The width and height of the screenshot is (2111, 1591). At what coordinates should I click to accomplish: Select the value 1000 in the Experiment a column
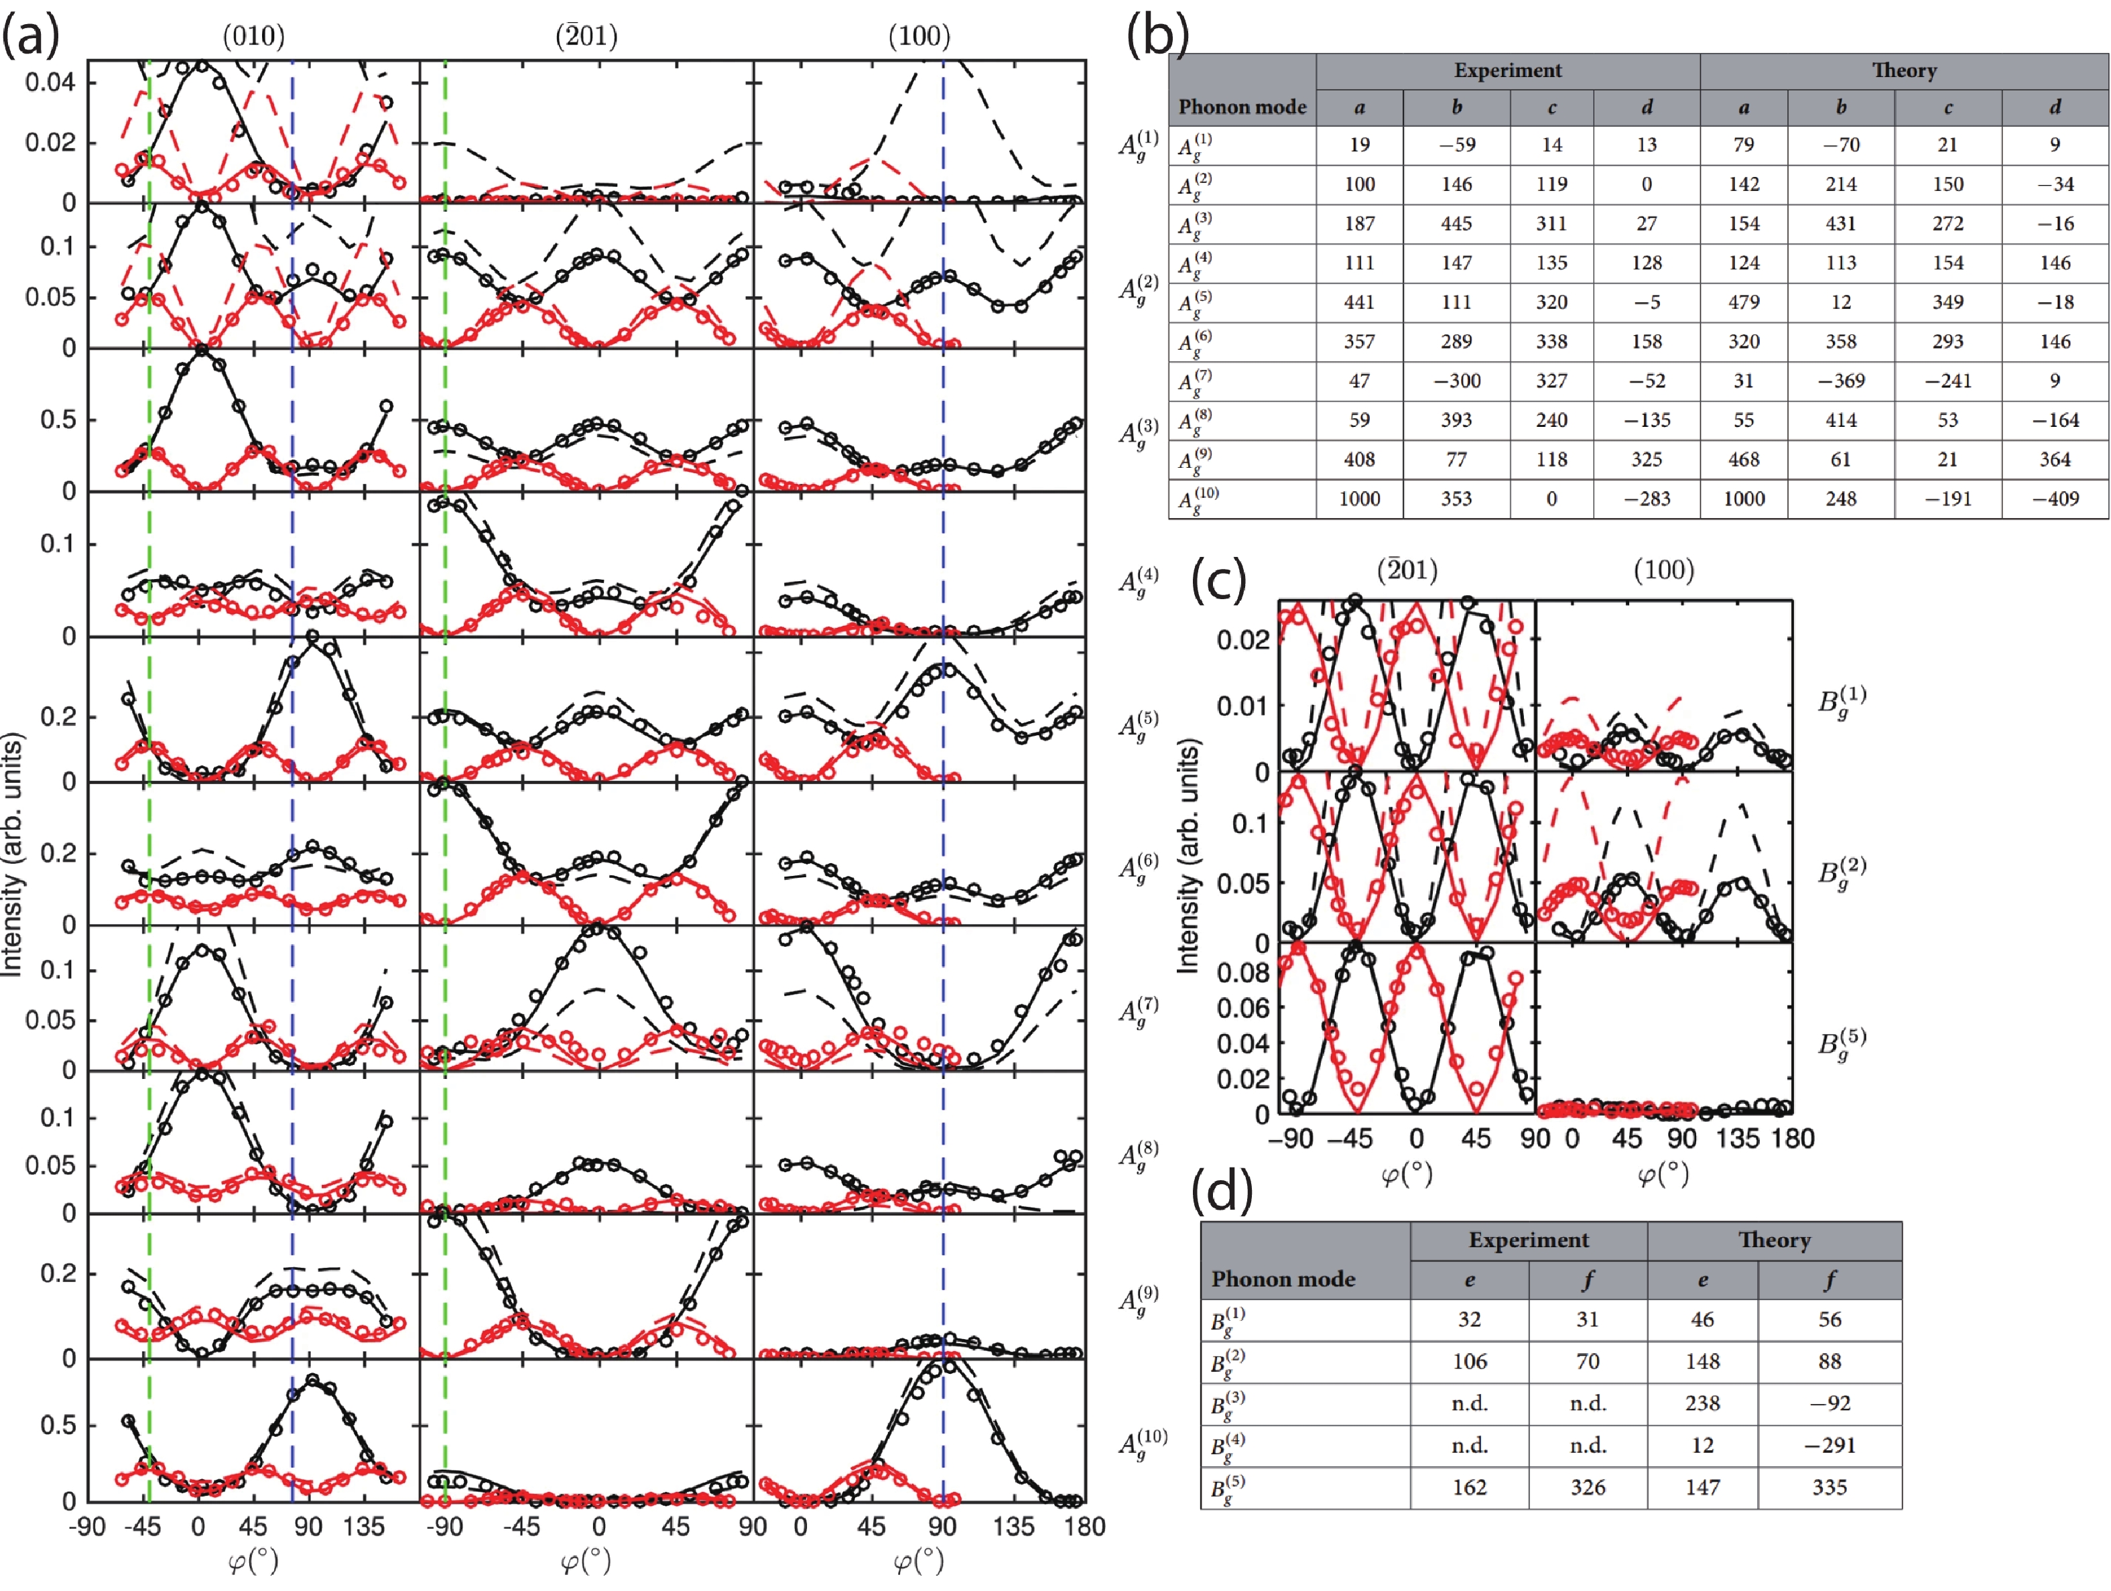1359,498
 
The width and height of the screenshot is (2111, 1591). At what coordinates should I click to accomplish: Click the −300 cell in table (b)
1456,381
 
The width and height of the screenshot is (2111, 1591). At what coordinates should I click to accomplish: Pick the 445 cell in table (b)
1456,223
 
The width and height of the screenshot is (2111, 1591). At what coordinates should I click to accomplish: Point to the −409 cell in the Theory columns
2054,498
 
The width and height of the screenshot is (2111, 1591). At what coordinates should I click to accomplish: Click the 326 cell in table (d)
1587,1487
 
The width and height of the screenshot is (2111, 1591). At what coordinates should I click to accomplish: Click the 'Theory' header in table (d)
1773,1240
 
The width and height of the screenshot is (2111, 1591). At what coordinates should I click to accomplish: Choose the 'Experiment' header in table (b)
1507,70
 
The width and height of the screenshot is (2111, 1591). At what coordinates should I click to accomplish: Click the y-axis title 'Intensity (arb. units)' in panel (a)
11,854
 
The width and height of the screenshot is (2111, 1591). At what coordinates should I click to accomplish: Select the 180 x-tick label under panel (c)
1791,1139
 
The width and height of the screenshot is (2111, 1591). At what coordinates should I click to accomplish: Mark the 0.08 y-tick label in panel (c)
1242,972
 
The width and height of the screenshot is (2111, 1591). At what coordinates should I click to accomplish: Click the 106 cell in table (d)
1469,1361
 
